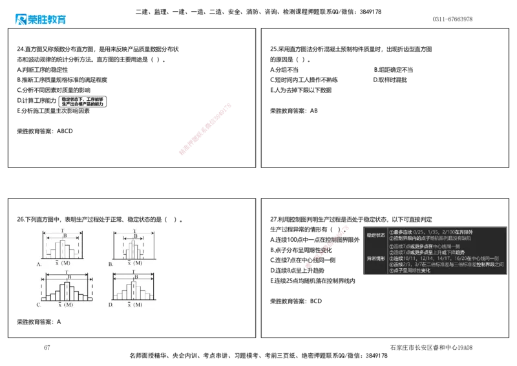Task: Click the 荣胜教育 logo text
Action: coord(47,20)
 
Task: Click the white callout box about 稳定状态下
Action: coord(82,101)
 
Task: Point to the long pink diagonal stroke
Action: coord(204,128)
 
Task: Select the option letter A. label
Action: coord(39,264)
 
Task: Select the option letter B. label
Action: coord(111,264)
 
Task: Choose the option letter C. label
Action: coord(39,304)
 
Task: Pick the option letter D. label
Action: coord(111,304)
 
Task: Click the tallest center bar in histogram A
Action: coord(63,249)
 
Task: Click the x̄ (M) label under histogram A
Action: coord(62,264)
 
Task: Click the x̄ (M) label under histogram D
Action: coord(134,304)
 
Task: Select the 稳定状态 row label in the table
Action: coord(374,235)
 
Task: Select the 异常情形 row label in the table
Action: coord(374,258)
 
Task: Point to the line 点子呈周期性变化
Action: coord(411,270)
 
